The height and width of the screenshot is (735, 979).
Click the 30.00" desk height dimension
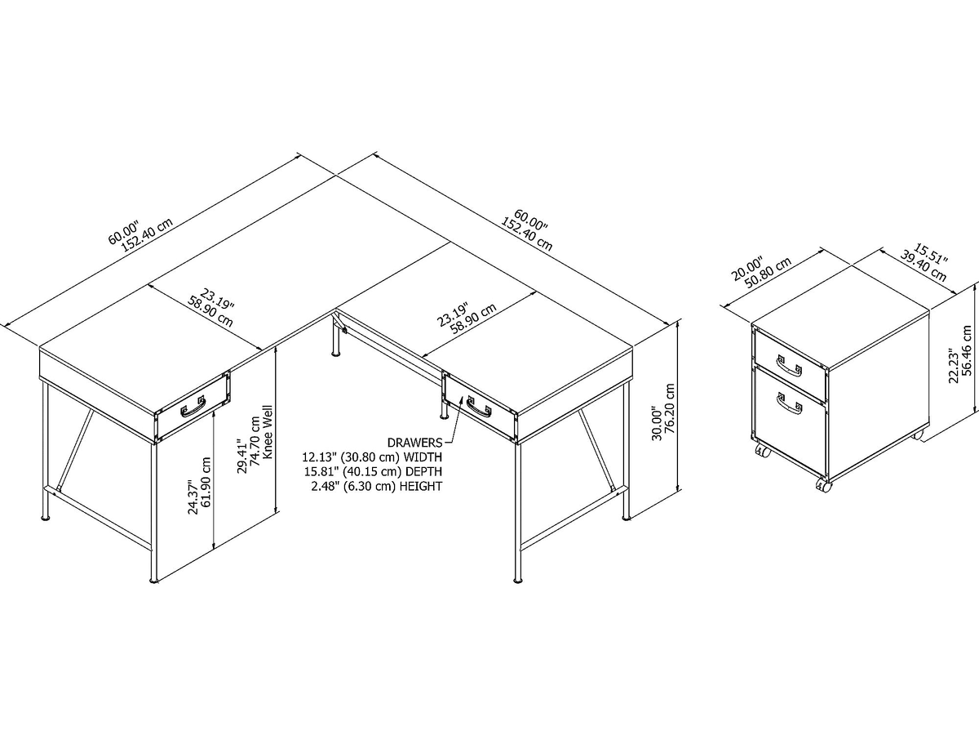point(657,423)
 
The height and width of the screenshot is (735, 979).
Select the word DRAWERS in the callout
point(414,443)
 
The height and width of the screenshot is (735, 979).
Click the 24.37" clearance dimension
point(193,497)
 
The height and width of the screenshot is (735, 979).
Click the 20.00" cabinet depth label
point(747,268)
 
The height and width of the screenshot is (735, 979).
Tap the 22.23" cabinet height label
point(953,365)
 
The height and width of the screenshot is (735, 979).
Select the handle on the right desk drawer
point(479,406)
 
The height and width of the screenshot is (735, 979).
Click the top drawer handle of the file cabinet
point(789,365)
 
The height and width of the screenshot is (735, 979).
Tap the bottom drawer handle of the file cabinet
point(789,403)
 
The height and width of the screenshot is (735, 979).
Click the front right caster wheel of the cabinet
point(824,486)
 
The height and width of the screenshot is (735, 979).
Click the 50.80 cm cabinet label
point(768,272)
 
